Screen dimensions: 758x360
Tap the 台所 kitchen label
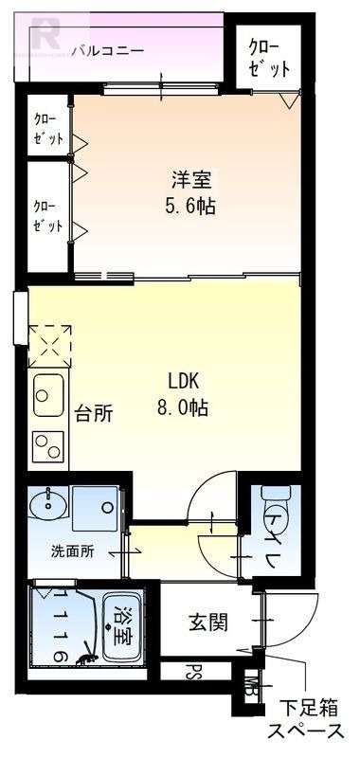pos(95,413)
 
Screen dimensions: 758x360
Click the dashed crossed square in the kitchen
pos(49,344)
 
